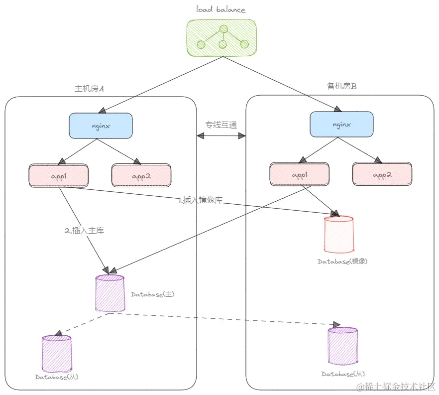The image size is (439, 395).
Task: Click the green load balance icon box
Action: (222, 38)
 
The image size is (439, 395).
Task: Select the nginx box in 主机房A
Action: (101, 126)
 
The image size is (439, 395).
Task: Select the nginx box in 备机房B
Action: (341, 124)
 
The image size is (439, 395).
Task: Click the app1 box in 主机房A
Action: (58, 176)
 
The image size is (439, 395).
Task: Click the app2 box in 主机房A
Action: (141, 176)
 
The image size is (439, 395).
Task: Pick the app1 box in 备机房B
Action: (299, 174)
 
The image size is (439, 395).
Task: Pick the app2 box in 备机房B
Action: (382, 174)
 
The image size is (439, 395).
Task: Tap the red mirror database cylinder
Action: (338, 234)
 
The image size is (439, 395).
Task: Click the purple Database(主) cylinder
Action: (110, 293)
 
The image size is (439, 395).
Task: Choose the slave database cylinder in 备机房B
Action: (342, 346)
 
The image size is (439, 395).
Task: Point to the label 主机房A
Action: (89, 89)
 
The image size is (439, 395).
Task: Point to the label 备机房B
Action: (342, 86)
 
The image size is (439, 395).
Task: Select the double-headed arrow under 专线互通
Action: (222, 135)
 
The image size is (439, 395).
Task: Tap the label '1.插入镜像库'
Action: (200, 201)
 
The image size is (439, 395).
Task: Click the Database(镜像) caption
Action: (342, 261)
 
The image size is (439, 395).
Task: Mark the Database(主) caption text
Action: (152, 294)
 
